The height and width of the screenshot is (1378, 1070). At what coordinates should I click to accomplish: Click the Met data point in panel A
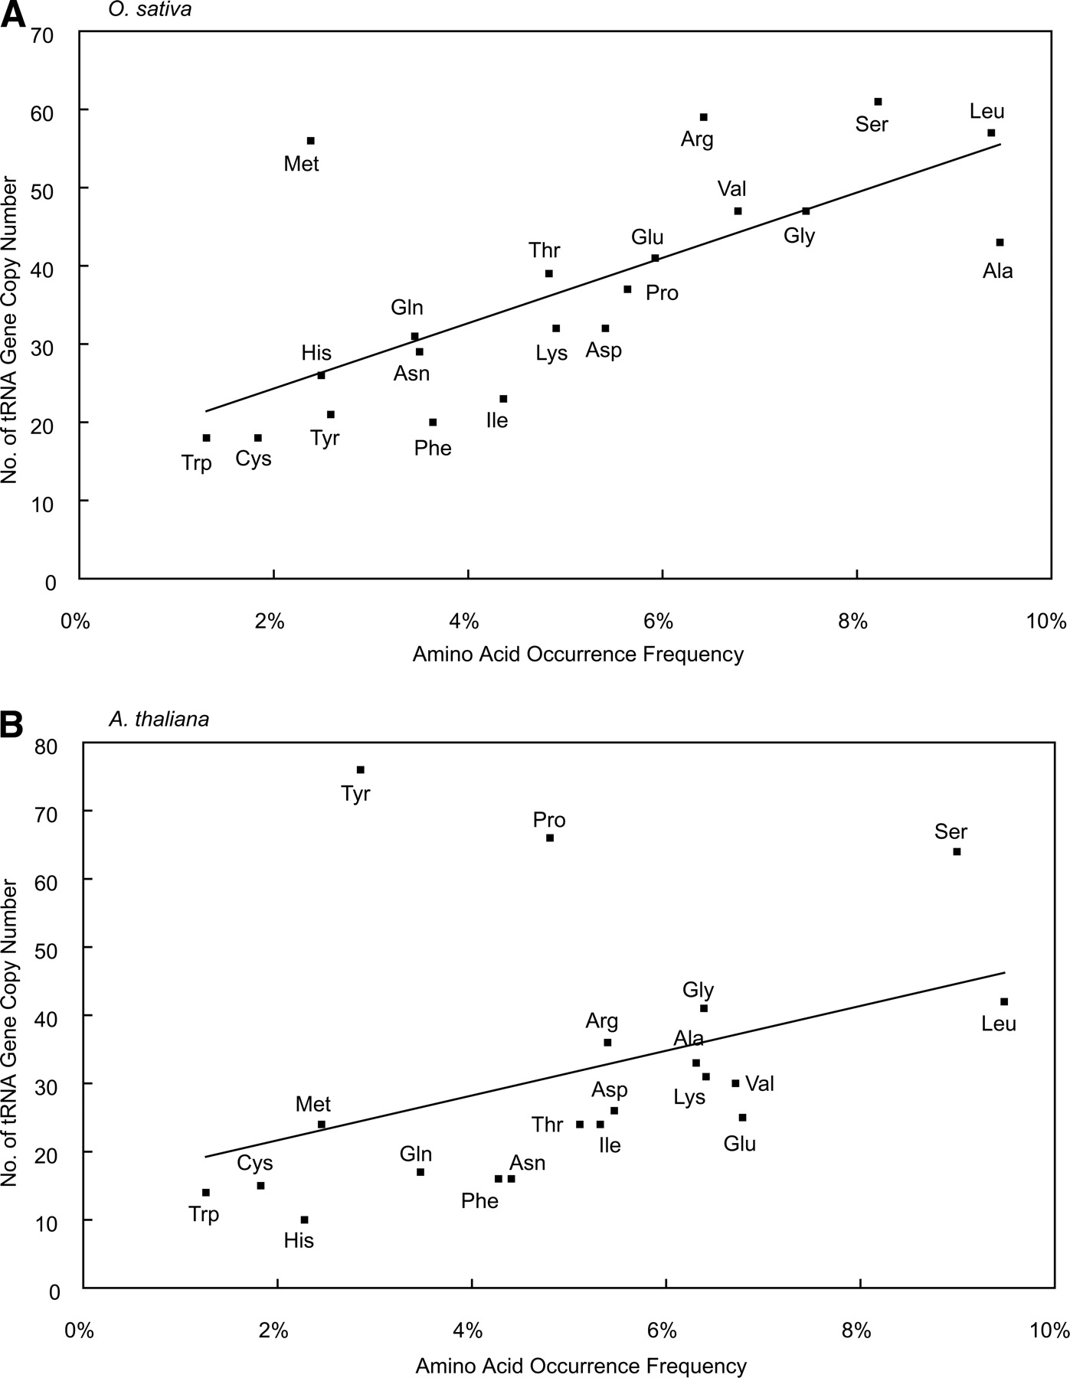(311, 141)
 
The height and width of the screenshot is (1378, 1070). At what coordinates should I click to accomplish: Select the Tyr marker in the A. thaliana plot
(361, 769)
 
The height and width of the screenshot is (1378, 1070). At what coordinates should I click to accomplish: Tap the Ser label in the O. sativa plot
(872, 124)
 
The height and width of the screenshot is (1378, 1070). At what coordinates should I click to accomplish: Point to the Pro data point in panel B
(550, 838)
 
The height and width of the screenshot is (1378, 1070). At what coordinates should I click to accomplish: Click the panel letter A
(13, 15)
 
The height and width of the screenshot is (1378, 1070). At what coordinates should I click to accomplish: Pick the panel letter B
(13, 724)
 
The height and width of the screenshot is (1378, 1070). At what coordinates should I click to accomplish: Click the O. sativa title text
(150, 11)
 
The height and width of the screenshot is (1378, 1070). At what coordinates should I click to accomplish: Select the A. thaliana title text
(159, 719)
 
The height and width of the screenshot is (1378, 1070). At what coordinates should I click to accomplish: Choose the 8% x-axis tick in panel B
(856, 1331)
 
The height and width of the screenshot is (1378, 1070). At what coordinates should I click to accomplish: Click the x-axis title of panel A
(578, 655)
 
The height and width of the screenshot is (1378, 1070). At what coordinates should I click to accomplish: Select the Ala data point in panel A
(1000, 243)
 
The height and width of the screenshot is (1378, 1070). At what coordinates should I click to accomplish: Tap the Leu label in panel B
(999, 1024)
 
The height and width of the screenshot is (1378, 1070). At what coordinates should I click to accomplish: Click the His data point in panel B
(304, 1220)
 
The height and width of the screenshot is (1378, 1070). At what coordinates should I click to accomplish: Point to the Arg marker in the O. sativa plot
(704, 117)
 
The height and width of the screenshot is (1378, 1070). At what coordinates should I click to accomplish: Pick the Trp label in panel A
(197, 463)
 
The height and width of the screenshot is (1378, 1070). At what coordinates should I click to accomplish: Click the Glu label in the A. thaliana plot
(740, 1144)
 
